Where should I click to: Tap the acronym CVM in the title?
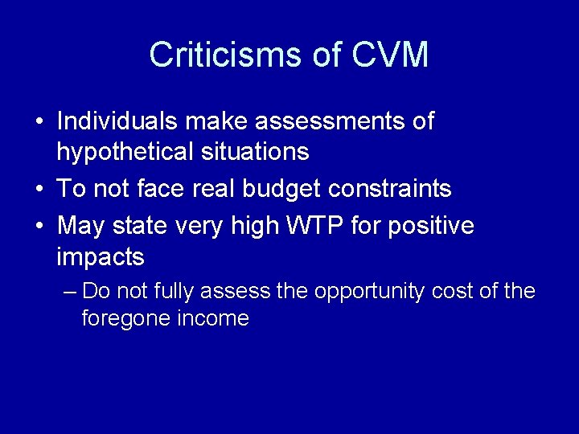(x=390, y=55)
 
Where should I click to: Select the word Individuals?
(x=117, y=121)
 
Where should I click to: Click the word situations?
(x=257, y=150)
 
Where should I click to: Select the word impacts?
(x=101, y=257)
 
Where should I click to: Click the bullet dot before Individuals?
(x=39, y=122)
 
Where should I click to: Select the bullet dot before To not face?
(x=39, y=190)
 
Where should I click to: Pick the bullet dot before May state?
(x=39, y=227)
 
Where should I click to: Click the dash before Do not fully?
(x=70, y=291)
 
